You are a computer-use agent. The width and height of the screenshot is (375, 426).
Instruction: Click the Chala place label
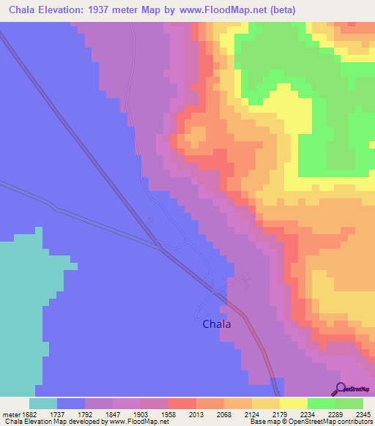coord(216,324)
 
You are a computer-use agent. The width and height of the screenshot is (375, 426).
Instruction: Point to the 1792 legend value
coord(96,414)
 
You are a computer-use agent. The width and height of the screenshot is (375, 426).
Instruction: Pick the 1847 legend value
coord(124,414)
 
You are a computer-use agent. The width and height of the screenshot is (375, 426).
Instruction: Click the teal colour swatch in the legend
coord(43,403)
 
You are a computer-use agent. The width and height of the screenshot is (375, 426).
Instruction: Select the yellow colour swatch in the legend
coord(293,403)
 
